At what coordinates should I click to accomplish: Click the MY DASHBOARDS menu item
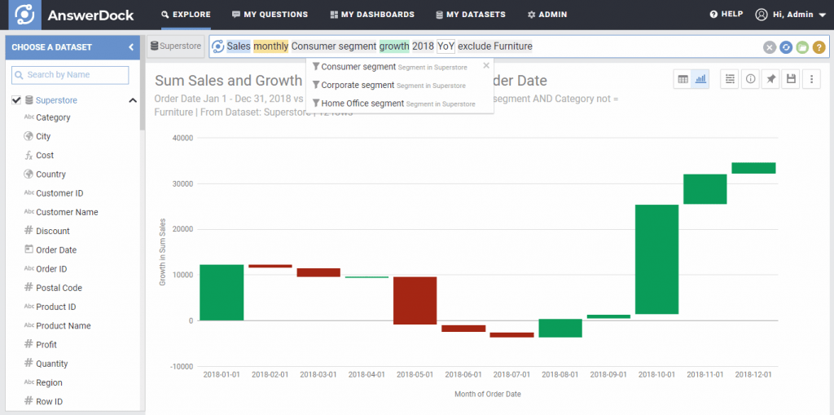[372, 15]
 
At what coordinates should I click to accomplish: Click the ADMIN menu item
[547, 15]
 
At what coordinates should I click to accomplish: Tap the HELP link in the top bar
[726, 15]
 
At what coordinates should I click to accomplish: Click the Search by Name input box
[70, 75]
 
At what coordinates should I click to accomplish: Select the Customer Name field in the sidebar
[67, 212]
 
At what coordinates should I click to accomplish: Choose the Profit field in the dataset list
[46, 345]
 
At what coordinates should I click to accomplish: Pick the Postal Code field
[59, 288]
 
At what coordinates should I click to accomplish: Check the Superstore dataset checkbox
[16, 100]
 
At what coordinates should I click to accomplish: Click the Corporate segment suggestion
[358, 85]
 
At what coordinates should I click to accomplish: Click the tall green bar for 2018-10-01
[658, 259]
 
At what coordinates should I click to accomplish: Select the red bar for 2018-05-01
[415, 300]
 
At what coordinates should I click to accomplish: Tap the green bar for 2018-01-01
[221, 292]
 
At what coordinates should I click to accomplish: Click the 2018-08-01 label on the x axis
[560, 375]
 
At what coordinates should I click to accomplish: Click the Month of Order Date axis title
[487, 394]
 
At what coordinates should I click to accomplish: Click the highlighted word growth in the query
[393, 46]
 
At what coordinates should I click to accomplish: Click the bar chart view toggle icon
[700, 79]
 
